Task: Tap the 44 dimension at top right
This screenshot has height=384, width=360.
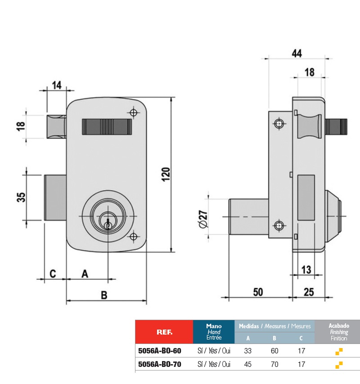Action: (x=296, y=53)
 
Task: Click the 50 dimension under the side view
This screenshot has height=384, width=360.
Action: (x=257, y=292)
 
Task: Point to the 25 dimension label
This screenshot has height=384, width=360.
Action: (x=309, y=292)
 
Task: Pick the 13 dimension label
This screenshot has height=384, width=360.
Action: (x=306, y=270)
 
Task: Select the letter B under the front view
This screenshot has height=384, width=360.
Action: (x=104, y=295)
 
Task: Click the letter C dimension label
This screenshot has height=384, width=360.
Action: (x=52, y=273)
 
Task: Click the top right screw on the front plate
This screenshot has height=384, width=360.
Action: (x=133, y=112)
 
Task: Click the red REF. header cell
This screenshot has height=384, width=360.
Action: (x=163, y=332)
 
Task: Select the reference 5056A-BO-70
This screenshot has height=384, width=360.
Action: (x=159, y=364)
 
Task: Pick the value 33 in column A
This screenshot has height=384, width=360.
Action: (x=248, y=351)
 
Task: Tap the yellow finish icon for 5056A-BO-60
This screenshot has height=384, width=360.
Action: (x=339, y=351)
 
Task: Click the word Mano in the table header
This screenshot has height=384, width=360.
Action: (x=213, y=326)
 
